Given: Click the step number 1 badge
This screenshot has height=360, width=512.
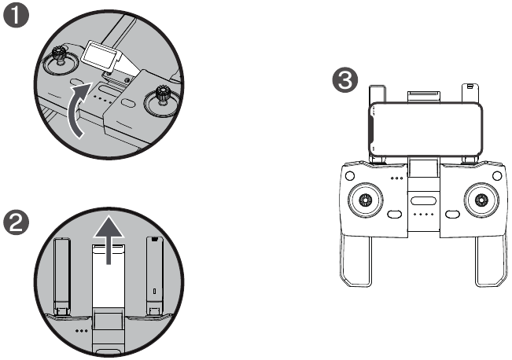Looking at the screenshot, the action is [x=16, y=16].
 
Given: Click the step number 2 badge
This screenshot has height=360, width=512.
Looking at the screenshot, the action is [x=16, y=222].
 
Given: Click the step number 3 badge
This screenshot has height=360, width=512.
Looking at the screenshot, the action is [x=344, y=80].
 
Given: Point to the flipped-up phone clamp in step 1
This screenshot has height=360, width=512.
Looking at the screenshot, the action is [x=102, y=55].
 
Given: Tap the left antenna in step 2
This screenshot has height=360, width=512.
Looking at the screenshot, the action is [x=62, y=274].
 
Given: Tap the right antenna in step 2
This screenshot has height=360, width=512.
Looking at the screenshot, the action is [x=154, y=274].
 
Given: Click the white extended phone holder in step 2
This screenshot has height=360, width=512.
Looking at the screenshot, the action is [x=108, y=276].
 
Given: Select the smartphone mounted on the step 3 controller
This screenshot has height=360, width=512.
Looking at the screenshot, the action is [x=425, y=129].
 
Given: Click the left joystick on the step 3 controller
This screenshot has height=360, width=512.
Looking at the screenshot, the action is [x=365, y=200].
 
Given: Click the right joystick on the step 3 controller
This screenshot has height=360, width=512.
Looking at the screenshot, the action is [x=481, y=200].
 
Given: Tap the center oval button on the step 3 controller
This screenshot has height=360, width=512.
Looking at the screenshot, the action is [x=423, y=201].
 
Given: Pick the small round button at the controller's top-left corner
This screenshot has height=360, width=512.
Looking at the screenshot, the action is [x=350, y=176].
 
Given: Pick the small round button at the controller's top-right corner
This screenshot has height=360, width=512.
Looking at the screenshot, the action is [x=496, y=176].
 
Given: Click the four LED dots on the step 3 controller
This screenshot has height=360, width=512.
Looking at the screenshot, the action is [x=423, y=215].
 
